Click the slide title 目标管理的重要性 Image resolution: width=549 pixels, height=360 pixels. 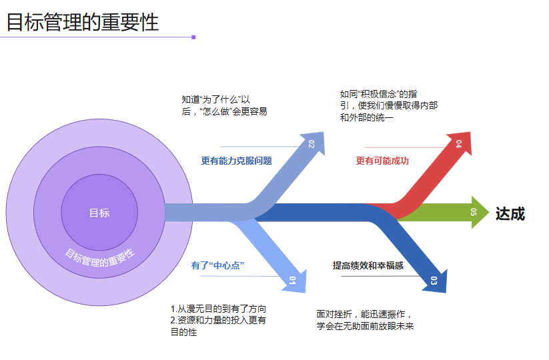coord(83,21)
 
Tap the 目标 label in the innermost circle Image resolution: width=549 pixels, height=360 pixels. coord(99,213)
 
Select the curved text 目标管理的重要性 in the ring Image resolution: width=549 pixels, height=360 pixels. coord(99,256)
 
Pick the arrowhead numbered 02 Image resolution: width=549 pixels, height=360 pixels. coord(312,144)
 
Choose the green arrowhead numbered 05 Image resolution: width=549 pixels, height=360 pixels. coord(476,213)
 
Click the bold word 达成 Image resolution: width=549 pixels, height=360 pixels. coord(510,214)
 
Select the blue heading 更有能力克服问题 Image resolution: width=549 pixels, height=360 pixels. coord(236,161)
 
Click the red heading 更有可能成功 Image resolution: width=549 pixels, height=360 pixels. coord(382,161)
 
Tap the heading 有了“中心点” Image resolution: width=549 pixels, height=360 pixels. coord(217,265)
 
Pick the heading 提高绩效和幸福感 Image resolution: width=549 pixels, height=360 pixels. coord(368,265)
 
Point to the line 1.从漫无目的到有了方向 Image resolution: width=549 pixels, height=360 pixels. coord(219,309)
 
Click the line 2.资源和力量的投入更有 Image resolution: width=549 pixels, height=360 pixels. coord(219,321)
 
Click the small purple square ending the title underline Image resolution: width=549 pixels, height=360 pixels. coord(193,37)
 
